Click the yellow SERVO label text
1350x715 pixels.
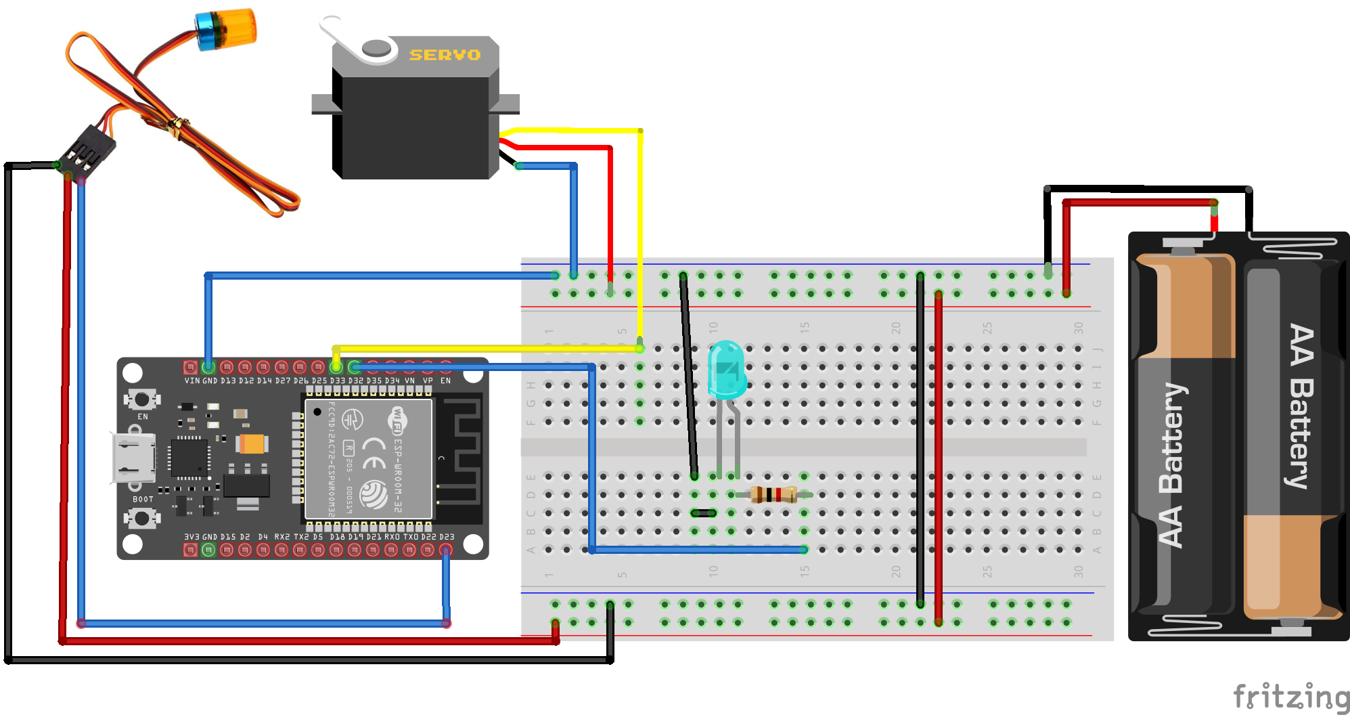tap(445, 55)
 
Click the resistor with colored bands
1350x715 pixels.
tap(773, 495)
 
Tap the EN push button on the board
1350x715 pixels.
tap(142, 399)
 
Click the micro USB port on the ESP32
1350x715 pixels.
tap(133, 458)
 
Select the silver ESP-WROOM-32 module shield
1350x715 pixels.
tap(369, 459)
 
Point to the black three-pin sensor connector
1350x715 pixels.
tap(87, 150)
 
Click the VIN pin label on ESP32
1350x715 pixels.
tap(192, 381)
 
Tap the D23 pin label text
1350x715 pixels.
tap(447, 536)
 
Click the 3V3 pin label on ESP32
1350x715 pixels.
tap(192, 536)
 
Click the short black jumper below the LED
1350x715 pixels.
tap(703, 513)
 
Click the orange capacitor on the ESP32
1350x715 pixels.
tap(252, 444)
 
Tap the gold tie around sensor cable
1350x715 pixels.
tap(178, 125)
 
